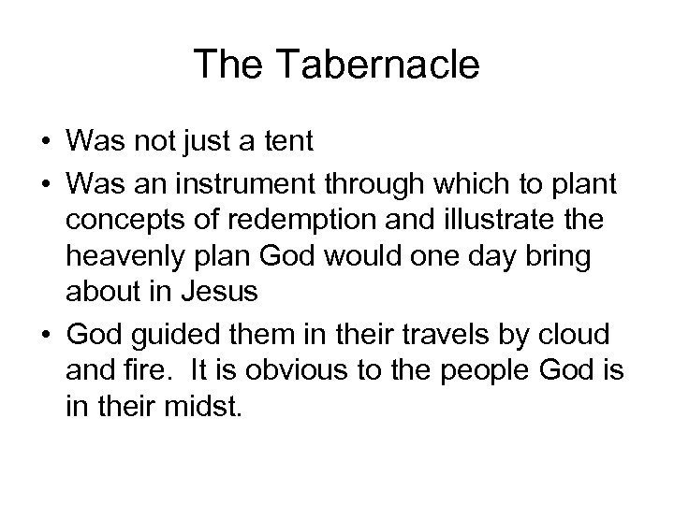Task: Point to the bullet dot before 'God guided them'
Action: [47, 335]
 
